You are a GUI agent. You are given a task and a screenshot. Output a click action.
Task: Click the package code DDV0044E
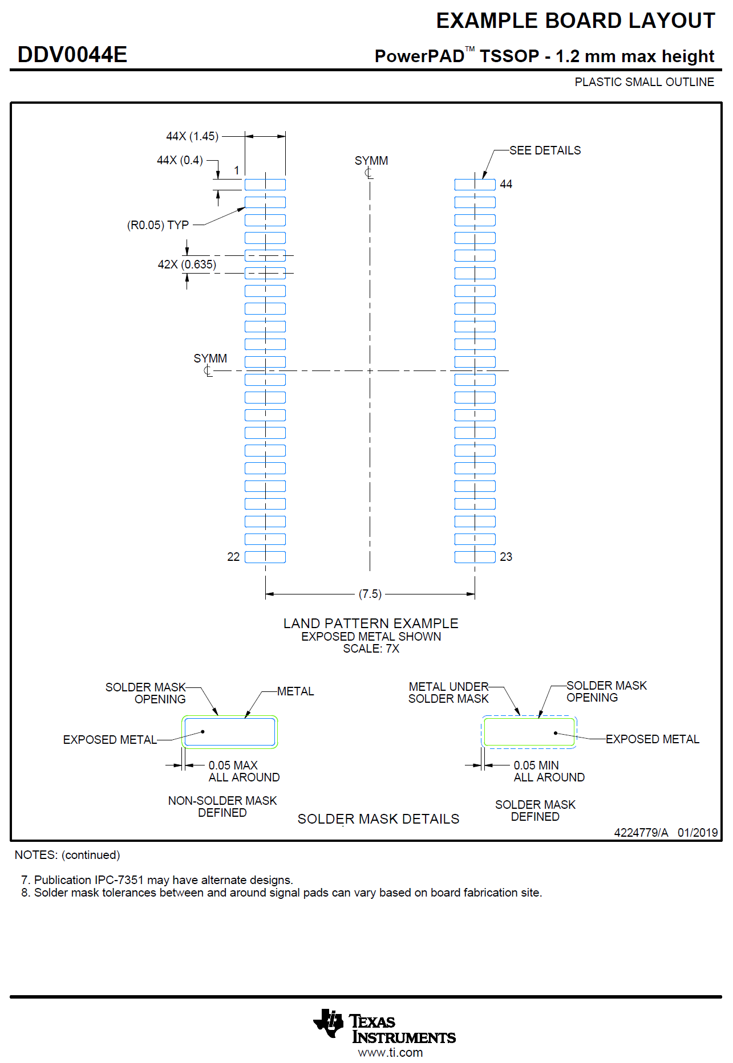click(72, 55)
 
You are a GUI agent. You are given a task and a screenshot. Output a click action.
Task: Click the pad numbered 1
click(265, 185)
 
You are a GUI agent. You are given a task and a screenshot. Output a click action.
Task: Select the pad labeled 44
click(475, 185)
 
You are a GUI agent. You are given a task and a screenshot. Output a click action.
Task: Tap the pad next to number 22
click(265, 557)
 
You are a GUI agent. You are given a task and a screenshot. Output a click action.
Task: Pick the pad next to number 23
click(475, 557)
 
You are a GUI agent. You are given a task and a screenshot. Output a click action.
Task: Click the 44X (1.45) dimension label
click(192, 136)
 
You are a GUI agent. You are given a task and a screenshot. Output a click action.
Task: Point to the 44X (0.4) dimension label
click(180, 160)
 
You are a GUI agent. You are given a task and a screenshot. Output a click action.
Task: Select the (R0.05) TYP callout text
click(157, 225)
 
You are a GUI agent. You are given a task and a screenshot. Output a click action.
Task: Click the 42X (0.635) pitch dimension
click(187, 264)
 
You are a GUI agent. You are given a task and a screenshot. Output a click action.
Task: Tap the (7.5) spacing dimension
click(370, 594)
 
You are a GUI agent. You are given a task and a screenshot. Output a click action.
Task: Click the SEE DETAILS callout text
click(545, 150)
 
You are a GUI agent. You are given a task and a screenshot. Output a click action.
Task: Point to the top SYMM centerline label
click(371, 161)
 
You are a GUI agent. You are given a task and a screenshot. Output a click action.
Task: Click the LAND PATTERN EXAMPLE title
click(371, 623)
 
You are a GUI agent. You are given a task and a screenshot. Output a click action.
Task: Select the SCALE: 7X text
click(371, 649)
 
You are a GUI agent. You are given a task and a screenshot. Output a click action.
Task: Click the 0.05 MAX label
click(233, 765)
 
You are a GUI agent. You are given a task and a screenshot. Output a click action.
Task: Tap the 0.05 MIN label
click(536, 765)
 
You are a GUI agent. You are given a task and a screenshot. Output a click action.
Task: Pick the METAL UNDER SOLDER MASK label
click(448, 693)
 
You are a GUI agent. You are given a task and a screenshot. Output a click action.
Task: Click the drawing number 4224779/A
click(641, 832)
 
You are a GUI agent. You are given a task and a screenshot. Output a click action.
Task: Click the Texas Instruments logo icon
click(329, 1023)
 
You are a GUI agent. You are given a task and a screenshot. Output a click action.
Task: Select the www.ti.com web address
click(390, 1053)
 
